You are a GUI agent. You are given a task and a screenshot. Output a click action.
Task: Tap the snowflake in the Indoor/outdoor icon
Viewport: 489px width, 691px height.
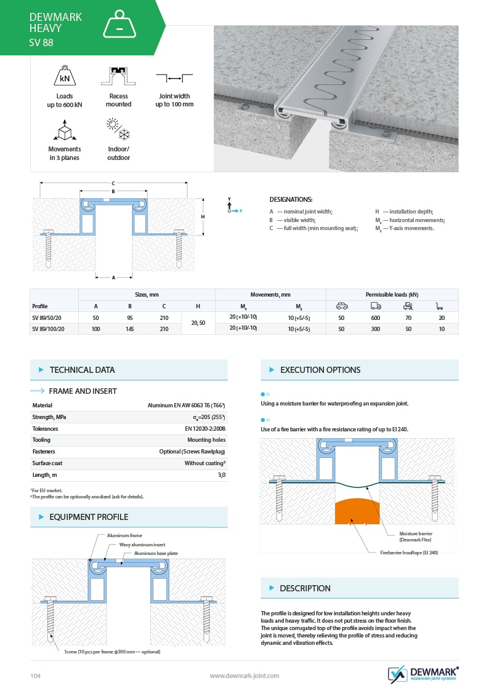(x=124, y=134)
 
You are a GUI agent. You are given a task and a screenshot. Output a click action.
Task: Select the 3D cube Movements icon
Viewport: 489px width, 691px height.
(x=65, y=130)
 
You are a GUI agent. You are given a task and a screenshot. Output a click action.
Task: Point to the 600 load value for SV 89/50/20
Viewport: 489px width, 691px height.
(x=376, y=318)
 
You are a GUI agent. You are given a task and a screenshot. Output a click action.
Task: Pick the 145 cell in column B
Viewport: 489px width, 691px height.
(x=130, y=329)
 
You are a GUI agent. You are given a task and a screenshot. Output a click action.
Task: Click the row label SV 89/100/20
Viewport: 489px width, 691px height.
(x=48, y=329)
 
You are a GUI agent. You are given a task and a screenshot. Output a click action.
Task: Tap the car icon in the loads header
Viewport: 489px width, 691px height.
(x=341, y=306)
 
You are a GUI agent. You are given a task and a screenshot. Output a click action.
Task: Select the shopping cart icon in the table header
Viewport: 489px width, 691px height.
(x=439, y=306)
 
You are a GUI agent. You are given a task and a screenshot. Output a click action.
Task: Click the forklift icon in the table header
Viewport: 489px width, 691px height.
(x=408, y=306)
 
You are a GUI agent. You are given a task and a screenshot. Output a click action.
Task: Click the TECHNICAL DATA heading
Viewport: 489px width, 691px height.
(x=82, y=370)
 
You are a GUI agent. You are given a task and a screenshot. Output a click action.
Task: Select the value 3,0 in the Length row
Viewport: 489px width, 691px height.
(x=221, y=475)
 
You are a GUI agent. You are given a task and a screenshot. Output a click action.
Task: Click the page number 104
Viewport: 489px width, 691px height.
(x=36, y=676)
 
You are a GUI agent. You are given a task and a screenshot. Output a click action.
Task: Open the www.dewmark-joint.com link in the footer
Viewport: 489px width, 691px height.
(x=244, y=676)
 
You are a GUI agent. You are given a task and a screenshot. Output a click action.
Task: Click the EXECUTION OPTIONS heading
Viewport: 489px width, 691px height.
(x=320, y=370)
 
